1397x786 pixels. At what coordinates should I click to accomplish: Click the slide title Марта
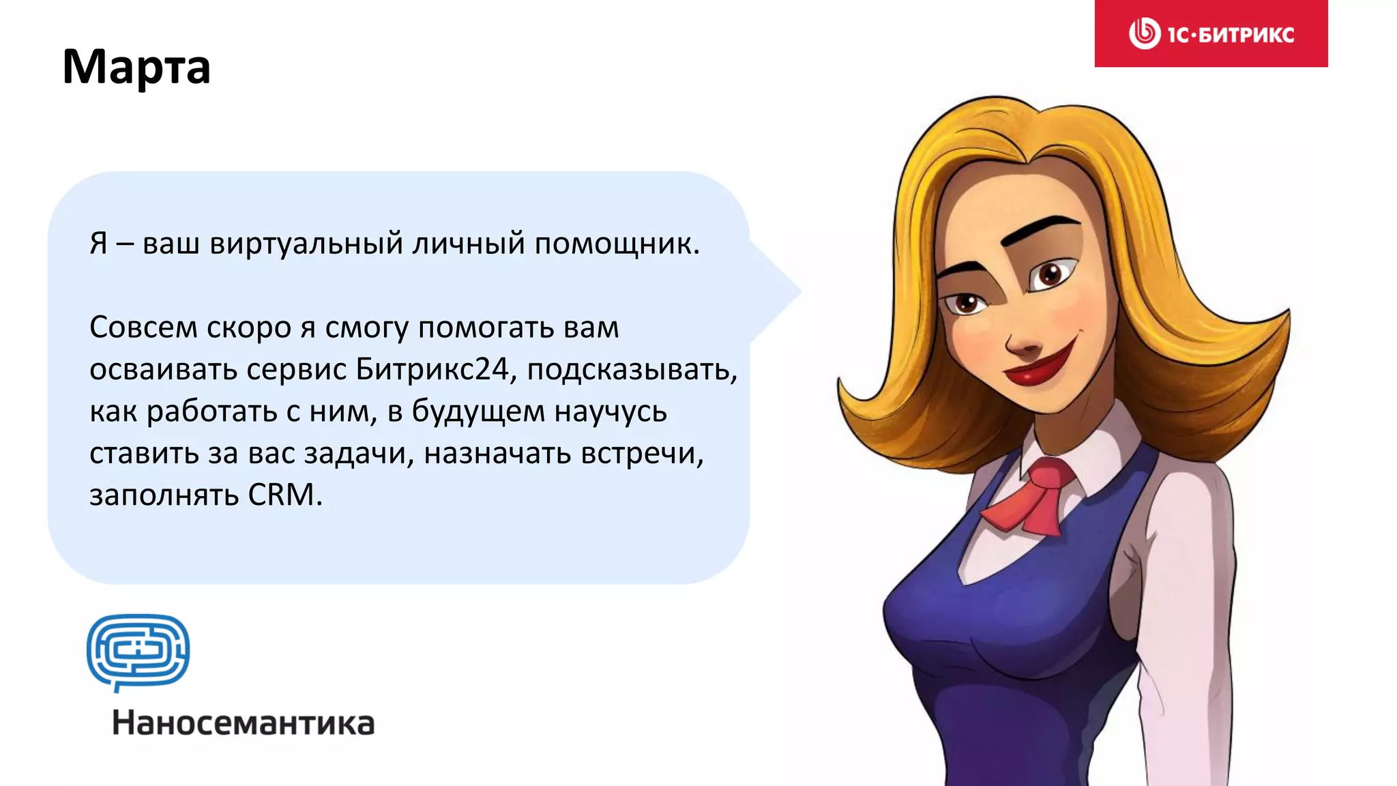click(x=136, y=67)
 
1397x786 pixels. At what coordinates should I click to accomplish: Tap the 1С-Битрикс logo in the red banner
click(x=1211, y=33)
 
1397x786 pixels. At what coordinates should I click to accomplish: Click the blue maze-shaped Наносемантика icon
click(x=138, y=652)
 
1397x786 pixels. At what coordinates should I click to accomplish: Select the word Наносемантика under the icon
click(x=244, y=723)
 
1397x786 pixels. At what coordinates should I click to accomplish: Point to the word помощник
click(x=617, y=244)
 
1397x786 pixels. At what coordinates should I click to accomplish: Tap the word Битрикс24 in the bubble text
click(x=432, y=369)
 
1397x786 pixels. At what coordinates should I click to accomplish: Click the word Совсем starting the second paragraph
click(x=143, y=327)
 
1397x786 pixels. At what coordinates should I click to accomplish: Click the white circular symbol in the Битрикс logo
click(x=1144, y=33)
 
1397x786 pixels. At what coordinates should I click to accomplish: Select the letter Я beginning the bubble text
click(x=99, y=244)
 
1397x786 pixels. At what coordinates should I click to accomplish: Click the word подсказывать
click(x=632, y=369)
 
